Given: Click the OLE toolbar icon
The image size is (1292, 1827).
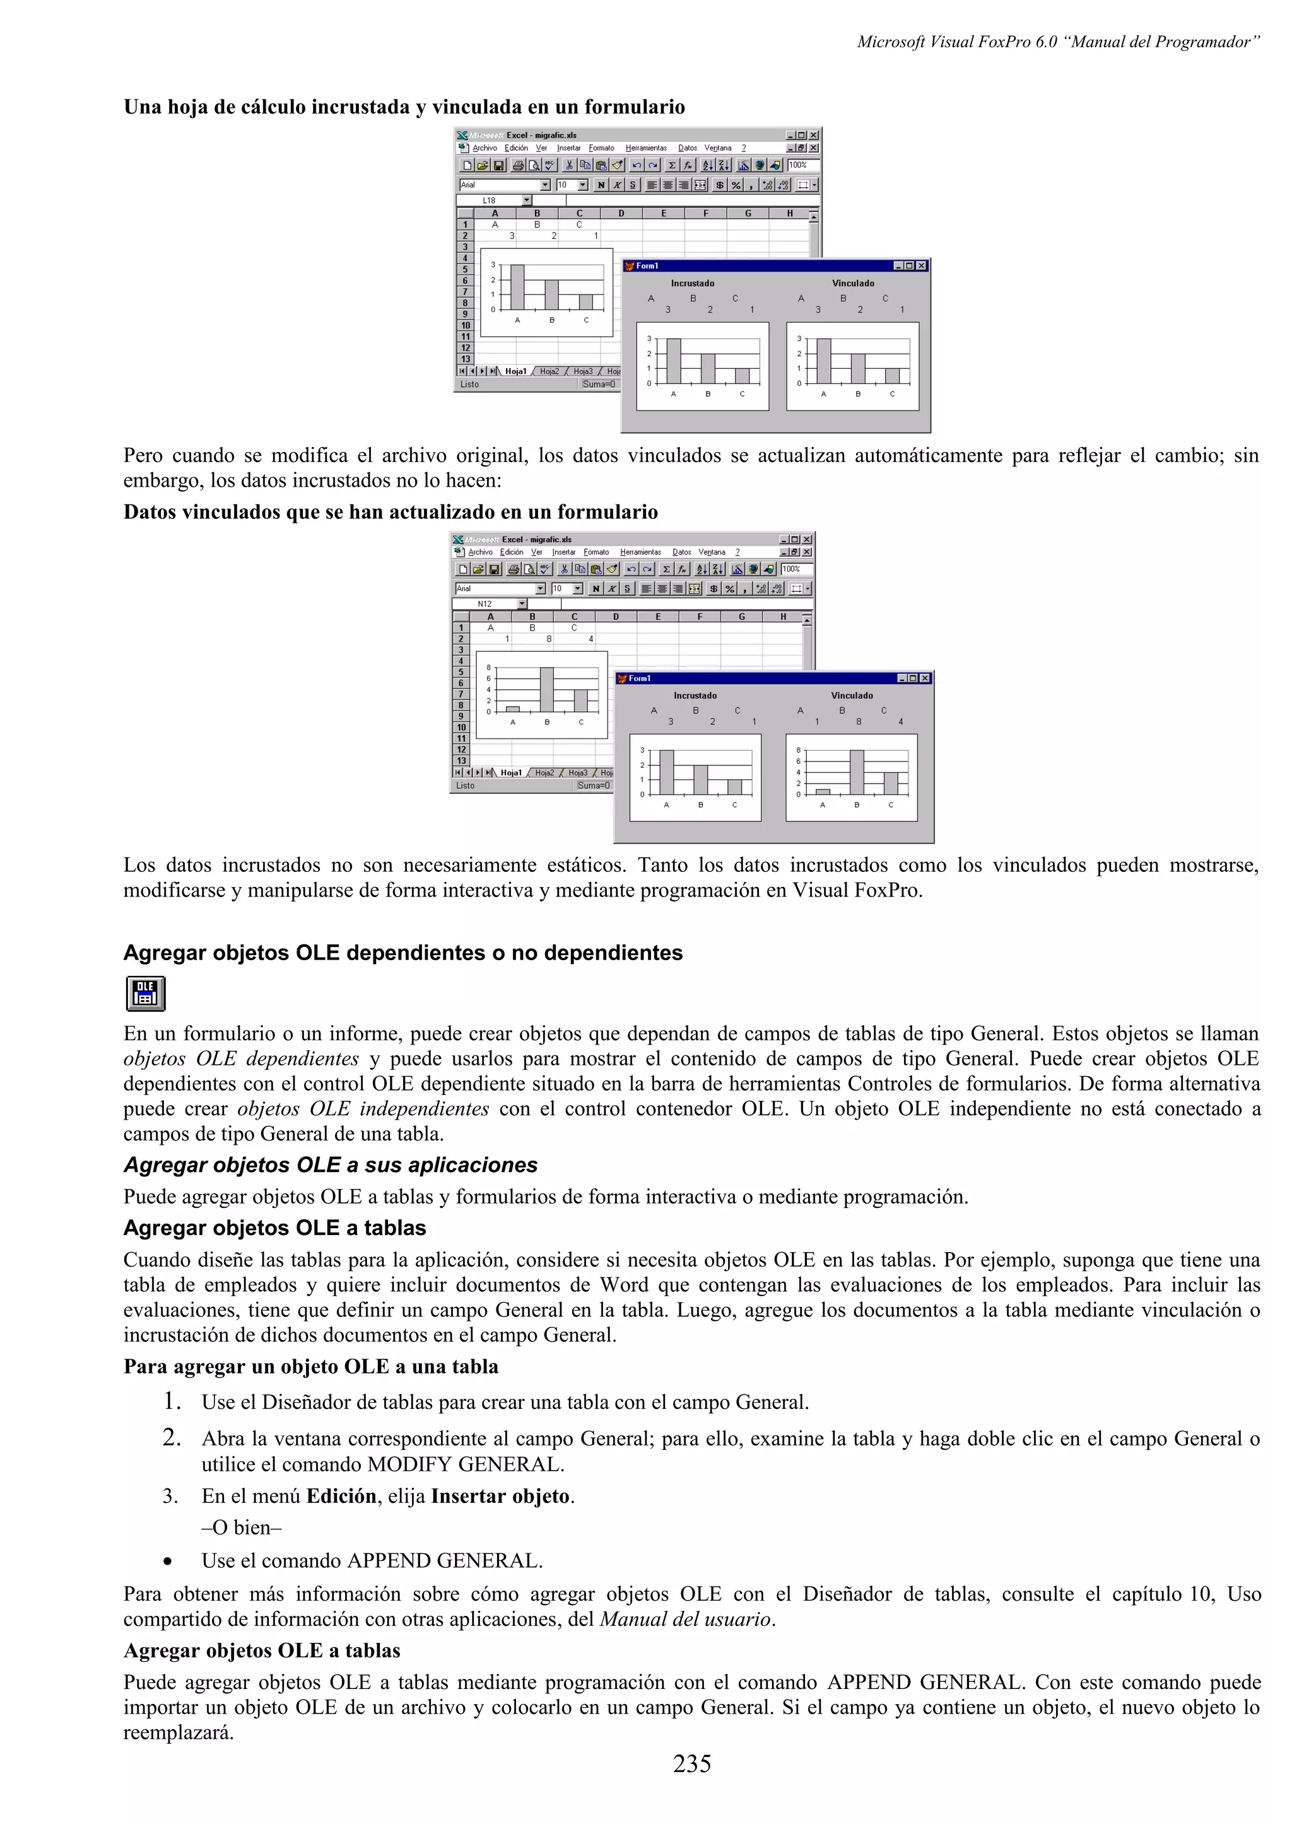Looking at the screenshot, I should coord(145,993).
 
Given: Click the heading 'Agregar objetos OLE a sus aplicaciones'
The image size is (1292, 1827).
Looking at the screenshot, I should coord(331,1165).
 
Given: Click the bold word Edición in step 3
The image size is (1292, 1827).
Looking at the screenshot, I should coord(341,1496).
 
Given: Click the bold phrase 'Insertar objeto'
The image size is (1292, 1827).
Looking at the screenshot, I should coord(500,1496).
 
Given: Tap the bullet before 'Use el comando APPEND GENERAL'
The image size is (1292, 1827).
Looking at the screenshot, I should coord(167,1561).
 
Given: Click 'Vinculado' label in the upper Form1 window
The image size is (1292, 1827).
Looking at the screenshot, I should coord(852,283).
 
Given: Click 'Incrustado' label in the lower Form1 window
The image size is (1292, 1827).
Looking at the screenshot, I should coord(695,695).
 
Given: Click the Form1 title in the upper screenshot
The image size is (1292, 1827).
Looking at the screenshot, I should coord(647,266).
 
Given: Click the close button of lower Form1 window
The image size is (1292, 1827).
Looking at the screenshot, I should coord(925,678).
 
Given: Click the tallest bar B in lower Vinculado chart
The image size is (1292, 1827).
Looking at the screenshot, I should coord(857,772).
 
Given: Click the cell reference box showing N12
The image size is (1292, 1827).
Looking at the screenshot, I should coord(486,604).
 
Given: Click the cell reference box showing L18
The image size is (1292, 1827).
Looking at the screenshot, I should coord(490,200).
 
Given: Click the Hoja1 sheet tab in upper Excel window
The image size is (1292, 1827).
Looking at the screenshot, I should coord(515,371).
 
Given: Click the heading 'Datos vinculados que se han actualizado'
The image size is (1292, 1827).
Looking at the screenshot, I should coord(390,512).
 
